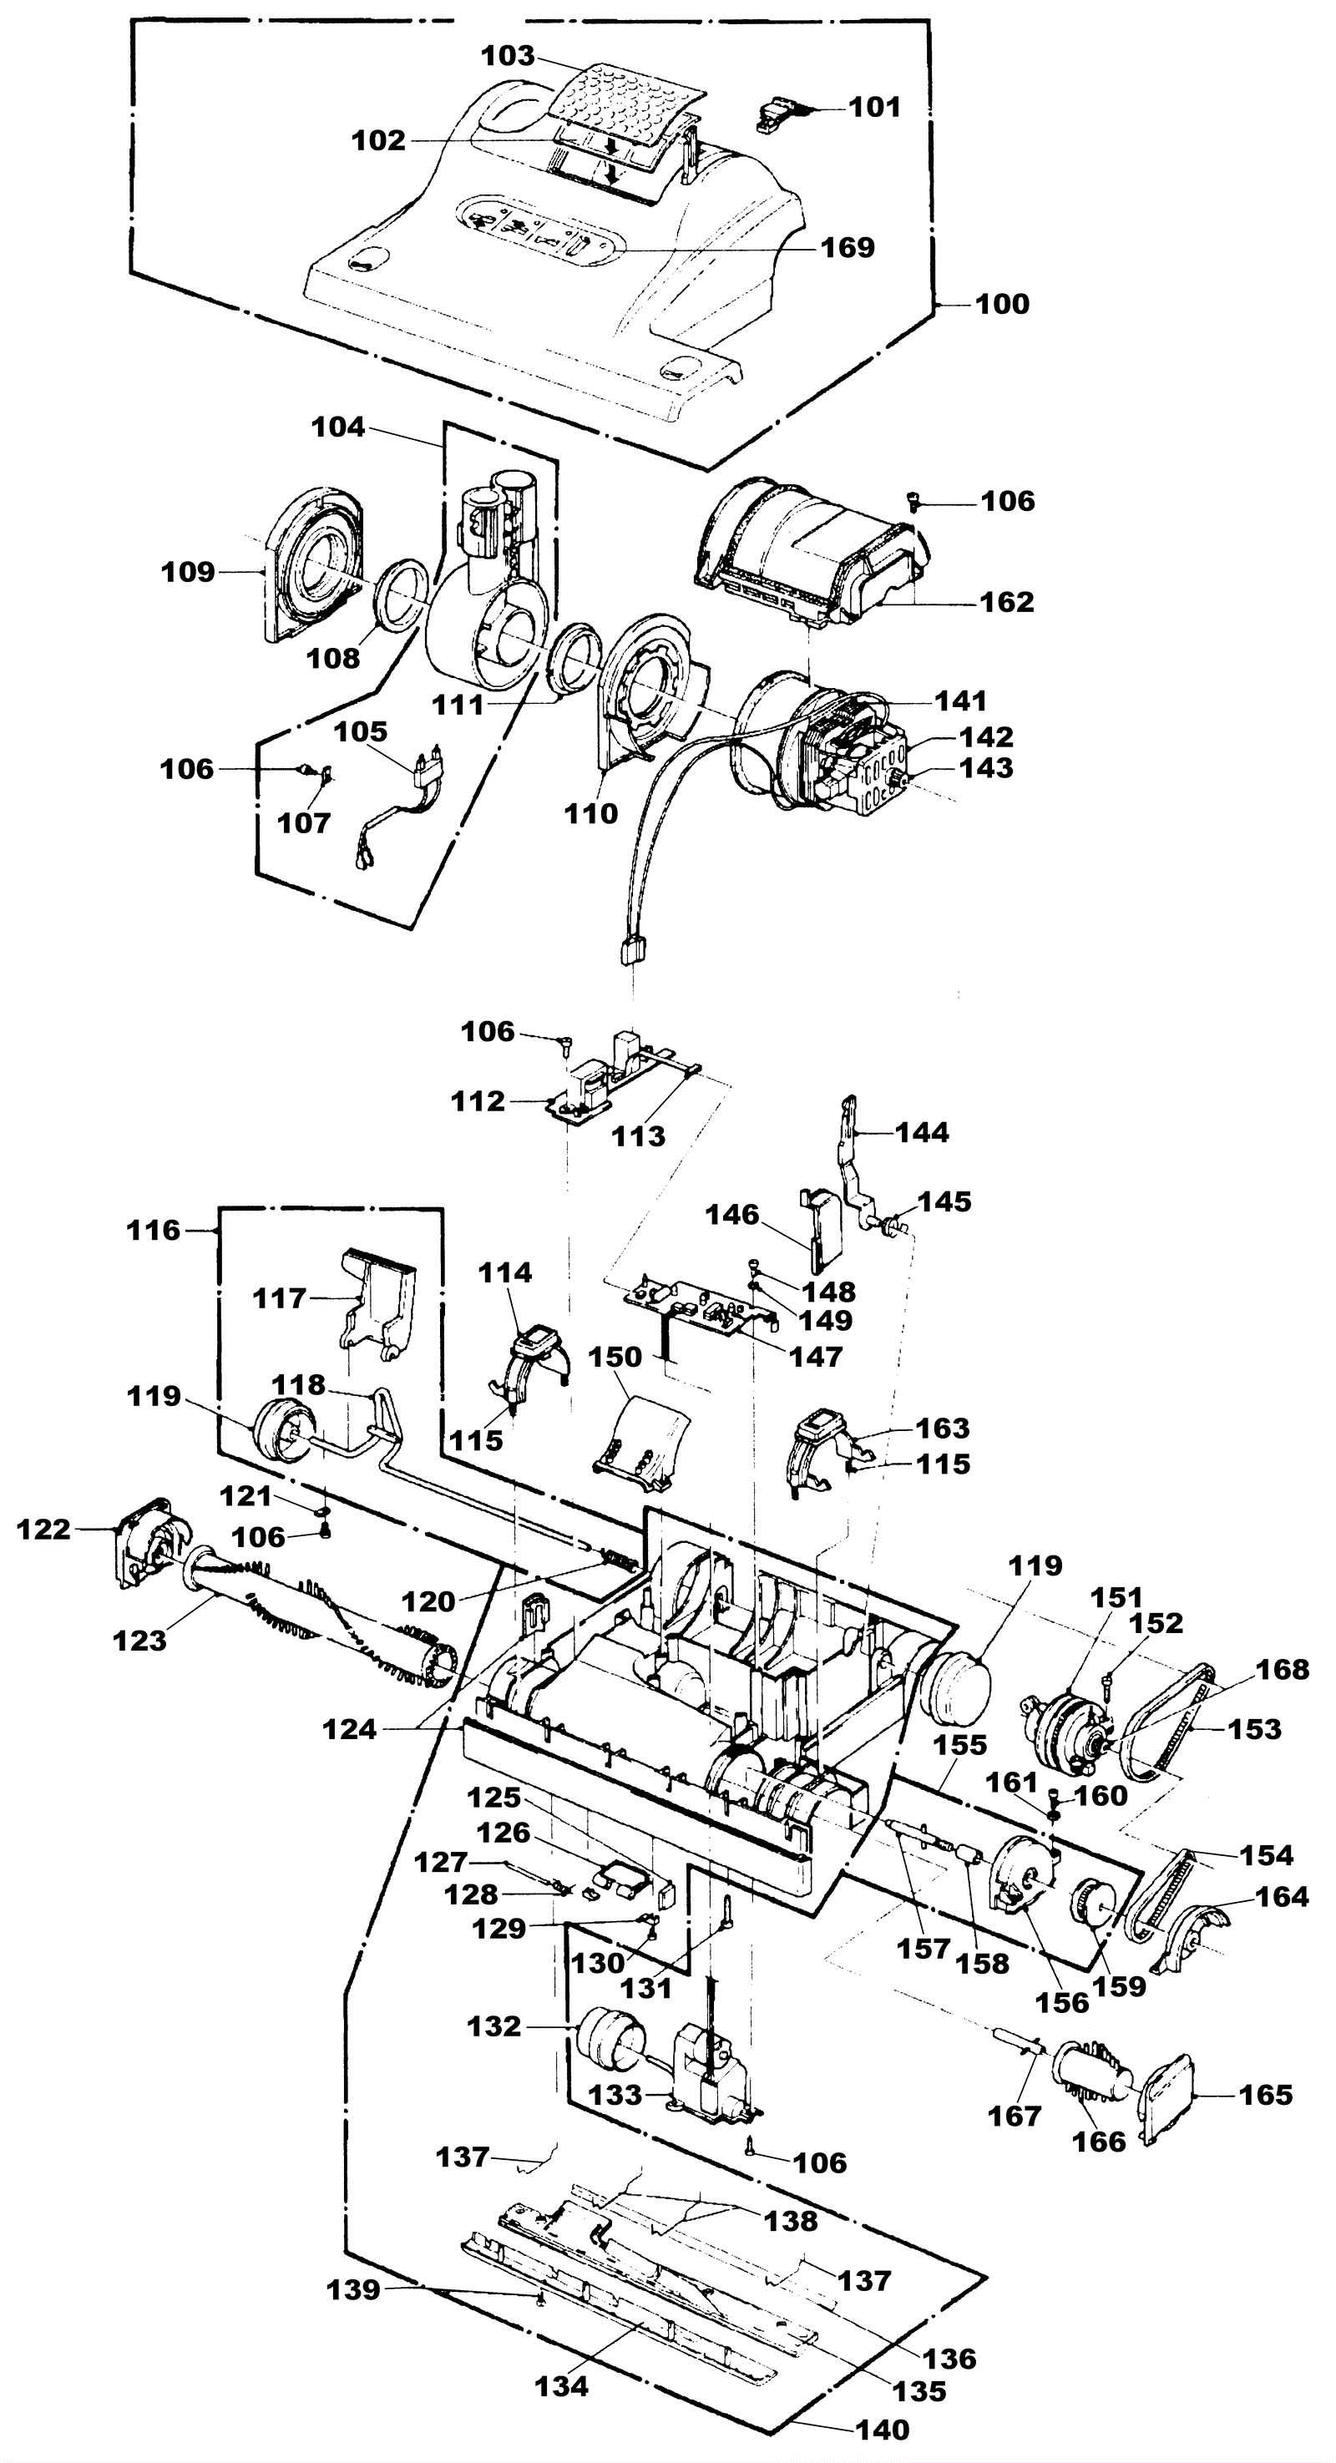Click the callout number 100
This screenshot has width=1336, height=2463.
pos(1002,304)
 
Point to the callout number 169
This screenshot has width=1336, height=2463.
pos(848,248)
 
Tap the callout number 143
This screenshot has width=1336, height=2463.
pos(987,768)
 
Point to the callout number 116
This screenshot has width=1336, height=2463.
pos(153,1231)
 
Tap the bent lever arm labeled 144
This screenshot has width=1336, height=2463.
pos(860,1161)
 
